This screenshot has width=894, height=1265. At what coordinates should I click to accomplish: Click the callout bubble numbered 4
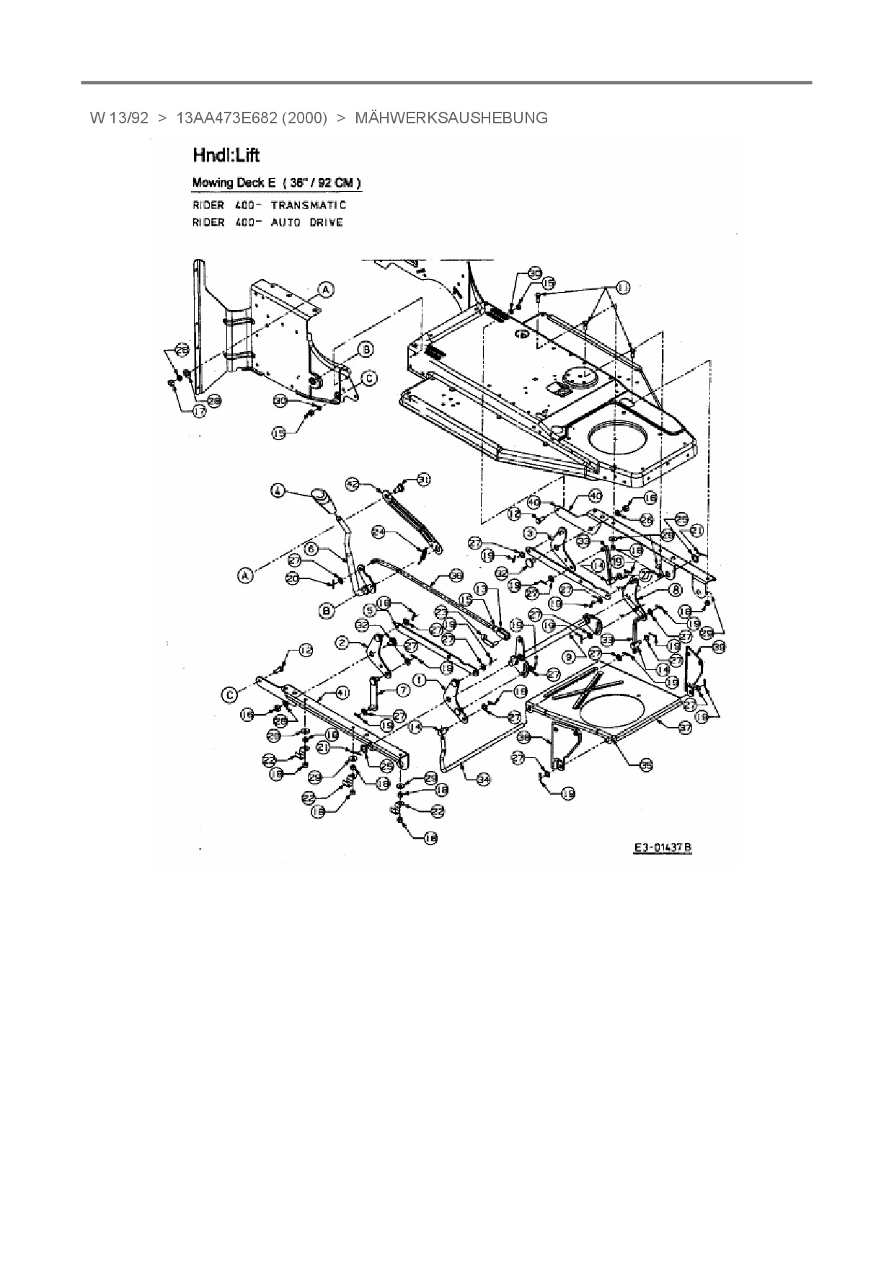(x=277, y=491)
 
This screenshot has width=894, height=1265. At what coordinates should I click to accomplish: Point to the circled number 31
(x=424, y=478)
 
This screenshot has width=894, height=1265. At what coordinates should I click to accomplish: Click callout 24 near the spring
(x=380, y=532)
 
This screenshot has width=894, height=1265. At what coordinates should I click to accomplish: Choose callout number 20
(x=292, y=578)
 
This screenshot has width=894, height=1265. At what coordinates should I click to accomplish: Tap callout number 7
(x=402, y=690)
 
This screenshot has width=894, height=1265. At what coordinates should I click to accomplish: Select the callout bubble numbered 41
(x=343, y=692)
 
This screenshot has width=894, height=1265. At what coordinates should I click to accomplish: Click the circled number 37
(x=684, y=728)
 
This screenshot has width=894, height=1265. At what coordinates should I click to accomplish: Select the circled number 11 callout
(x=621, y=288)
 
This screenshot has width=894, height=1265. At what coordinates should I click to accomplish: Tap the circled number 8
(x=676, y=589)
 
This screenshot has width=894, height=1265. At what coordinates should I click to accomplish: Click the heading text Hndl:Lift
(x=226, y=155)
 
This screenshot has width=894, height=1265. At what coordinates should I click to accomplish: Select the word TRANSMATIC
(x=309, y=206)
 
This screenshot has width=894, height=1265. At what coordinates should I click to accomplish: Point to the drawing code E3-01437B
(x=663, y=847)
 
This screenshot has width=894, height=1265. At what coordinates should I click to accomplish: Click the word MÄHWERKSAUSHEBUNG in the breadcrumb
(x=451, y=118)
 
